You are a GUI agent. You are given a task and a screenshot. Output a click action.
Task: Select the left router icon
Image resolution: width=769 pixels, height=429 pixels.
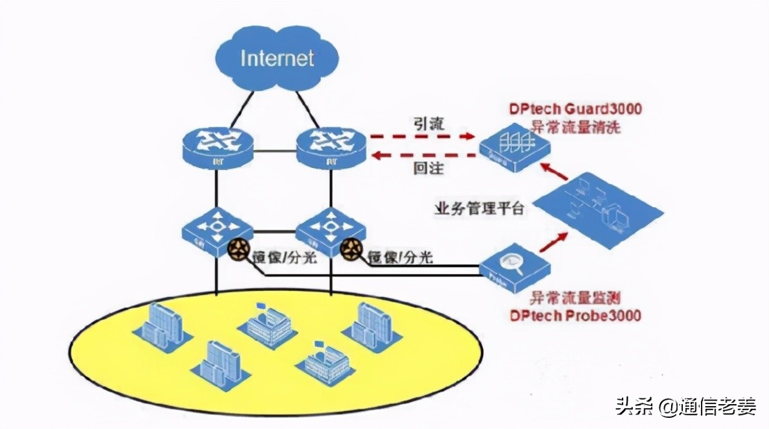217,148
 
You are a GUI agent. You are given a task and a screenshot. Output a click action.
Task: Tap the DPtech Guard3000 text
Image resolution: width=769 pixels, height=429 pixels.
575,108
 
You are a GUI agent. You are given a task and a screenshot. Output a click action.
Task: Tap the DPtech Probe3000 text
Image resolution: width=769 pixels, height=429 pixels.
575,315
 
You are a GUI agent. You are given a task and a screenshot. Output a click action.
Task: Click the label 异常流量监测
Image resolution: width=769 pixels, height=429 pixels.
575,299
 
